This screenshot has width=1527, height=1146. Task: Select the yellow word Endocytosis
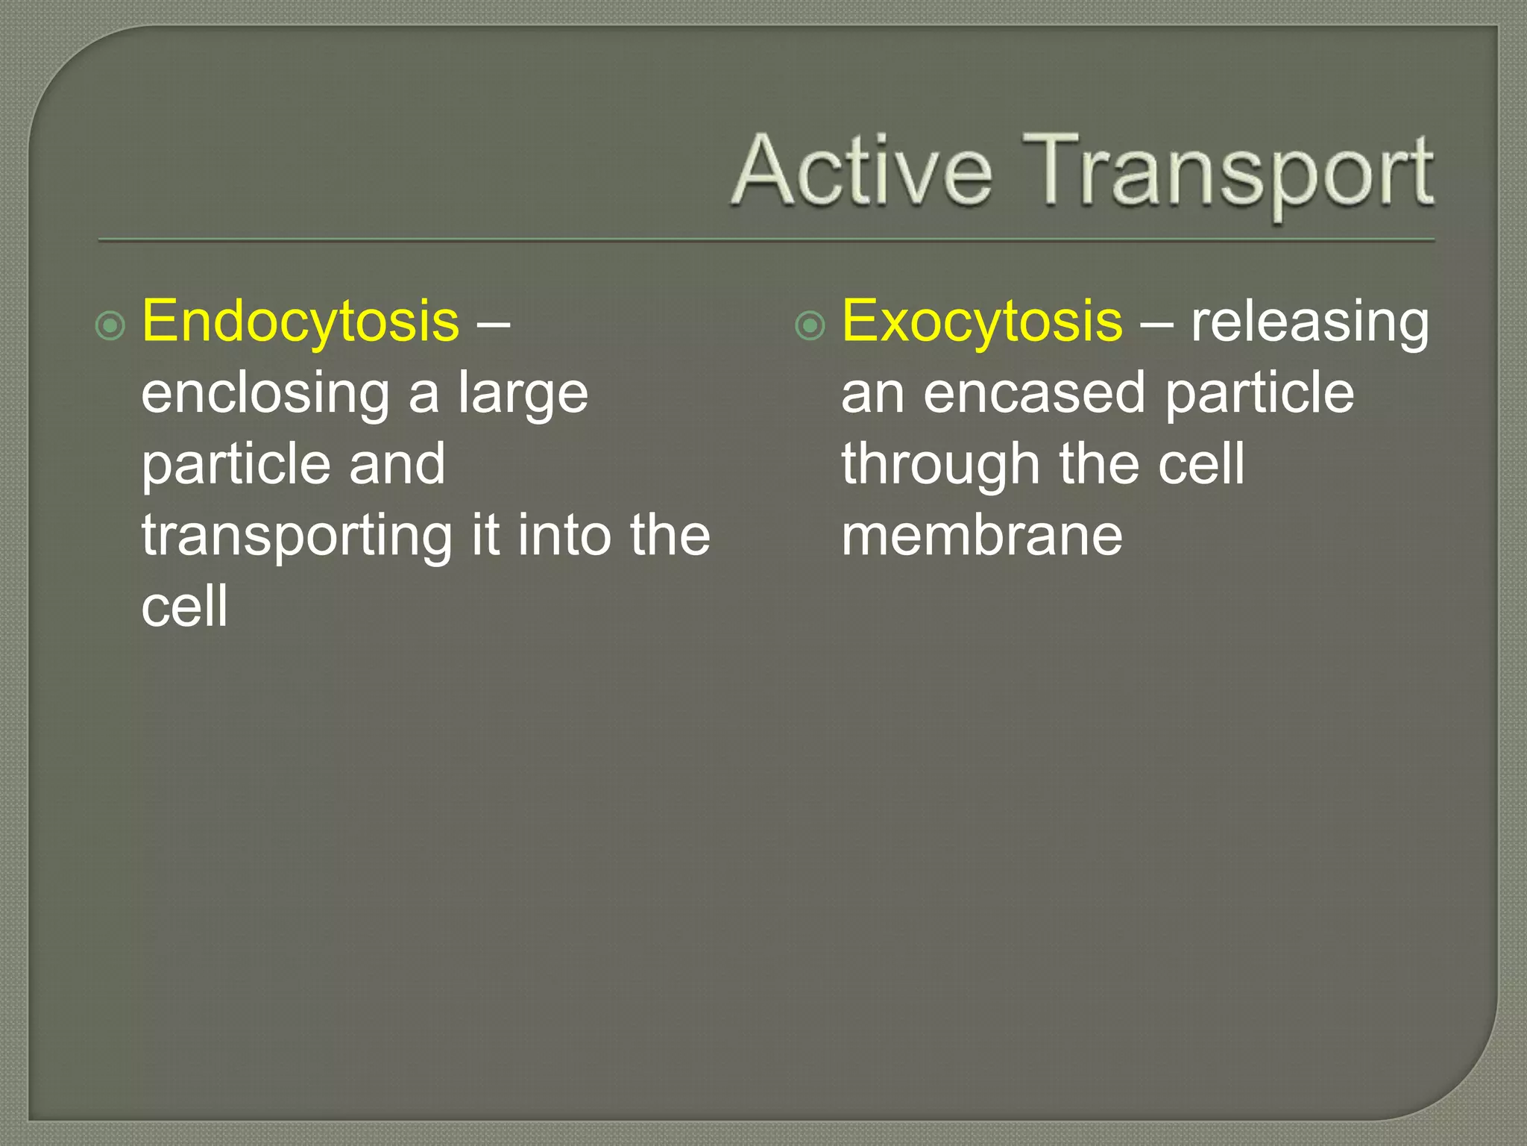click(x=300, y=322)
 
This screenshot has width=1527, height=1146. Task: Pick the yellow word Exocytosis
click(x=981, y=322)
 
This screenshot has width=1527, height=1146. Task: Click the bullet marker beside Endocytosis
click(x=110, y=326)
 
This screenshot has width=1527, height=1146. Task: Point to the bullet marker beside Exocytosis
click(x=810, y=326)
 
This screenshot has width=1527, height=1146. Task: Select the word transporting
click(x=297, y=536)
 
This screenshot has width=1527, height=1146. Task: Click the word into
click(x=564, y=535)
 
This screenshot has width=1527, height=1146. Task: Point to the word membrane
click(x=981, y=535)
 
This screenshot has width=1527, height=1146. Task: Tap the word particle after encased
click(x=1259, y=393)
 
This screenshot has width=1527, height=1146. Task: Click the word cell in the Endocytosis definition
click(x=184, y=605)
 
